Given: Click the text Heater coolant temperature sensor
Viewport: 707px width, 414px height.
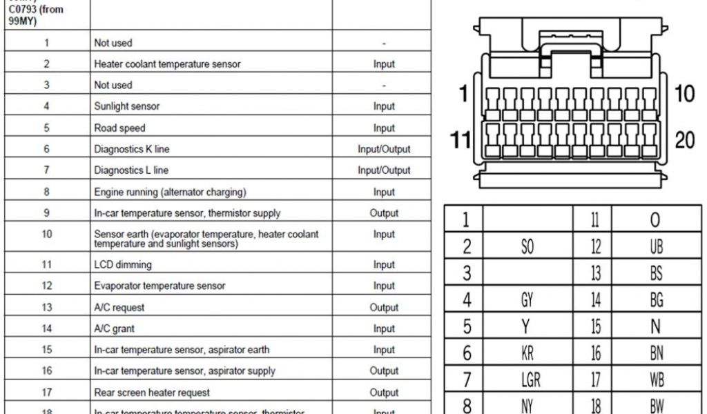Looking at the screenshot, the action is pos(167,64).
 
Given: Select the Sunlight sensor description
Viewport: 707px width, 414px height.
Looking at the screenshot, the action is pos(126,106).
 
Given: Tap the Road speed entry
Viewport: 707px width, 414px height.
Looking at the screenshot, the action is pos(119,128).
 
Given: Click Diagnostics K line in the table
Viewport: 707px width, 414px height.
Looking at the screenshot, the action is pos(131,149).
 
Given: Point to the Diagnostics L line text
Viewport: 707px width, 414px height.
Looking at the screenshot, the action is pos(130,170).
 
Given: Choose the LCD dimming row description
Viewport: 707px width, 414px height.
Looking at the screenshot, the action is pos(122,264).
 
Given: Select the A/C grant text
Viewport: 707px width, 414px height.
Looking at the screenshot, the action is pos(115,328).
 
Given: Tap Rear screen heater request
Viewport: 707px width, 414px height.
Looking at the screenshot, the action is pos(152,392).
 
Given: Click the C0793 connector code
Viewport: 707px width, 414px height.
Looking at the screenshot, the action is pos(26,10).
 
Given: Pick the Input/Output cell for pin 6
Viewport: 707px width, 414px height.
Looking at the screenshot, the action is pos(384,149).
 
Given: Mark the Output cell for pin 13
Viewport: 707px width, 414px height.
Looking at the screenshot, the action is pos(384,307).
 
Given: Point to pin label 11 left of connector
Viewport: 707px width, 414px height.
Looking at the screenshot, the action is pos(460,140).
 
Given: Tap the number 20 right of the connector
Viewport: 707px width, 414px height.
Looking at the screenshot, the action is pos(684,140).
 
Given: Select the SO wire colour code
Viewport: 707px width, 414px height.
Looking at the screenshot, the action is pos(527,246).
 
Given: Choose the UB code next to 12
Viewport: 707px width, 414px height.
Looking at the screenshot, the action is pos(655,246).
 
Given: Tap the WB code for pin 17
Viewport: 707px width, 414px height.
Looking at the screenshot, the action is pos(656,379).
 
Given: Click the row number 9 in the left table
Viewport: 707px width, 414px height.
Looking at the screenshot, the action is pos(46,213).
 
